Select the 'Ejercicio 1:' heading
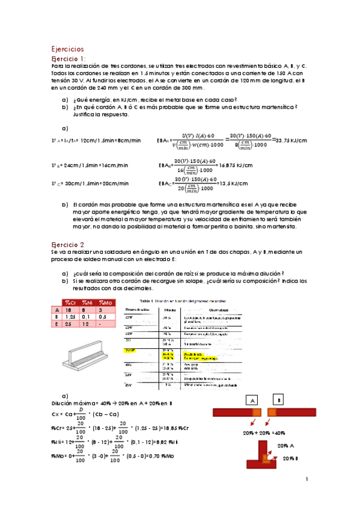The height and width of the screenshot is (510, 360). click(69, 58)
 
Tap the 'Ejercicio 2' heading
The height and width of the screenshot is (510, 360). click(67, 245)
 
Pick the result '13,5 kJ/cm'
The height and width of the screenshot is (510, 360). click(233, 185)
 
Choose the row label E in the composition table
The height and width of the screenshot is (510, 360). click(56, 324)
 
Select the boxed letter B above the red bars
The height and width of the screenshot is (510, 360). click(278, 400)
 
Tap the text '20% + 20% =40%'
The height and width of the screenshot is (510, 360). click(264, 432)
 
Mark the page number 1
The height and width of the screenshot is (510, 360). click(307, 479)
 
